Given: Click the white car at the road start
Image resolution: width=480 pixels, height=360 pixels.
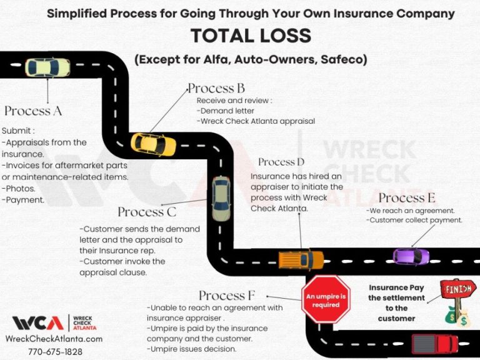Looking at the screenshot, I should pos(47,68).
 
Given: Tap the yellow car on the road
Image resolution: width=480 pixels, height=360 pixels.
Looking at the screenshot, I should pos(153,144).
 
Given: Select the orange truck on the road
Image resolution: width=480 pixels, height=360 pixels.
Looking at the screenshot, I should pos(301,259).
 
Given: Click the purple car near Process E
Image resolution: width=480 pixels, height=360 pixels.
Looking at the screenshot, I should pos(411,256).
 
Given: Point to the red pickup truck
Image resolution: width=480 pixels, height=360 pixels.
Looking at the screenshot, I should pos(434,343).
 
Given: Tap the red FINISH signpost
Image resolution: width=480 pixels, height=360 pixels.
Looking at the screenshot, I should pos(458,290).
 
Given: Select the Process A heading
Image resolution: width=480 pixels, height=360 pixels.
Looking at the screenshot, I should pos(33,111).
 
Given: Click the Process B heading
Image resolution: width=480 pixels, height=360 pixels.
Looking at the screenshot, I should pos(216,88).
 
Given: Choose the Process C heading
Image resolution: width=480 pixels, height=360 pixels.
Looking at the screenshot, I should pos(147,212).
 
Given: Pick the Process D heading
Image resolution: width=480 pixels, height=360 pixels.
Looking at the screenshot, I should pos(281,162).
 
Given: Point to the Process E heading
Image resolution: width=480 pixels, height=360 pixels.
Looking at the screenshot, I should pos(407,198).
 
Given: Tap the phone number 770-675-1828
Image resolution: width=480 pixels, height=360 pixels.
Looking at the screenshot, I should pos(55,351).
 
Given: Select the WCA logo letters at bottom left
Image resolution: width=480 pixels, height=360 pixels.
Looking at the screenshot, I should pos(37,323).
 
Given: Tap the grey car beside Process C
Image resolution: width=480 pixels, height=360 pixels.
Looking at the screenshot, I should pos(221,199).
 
